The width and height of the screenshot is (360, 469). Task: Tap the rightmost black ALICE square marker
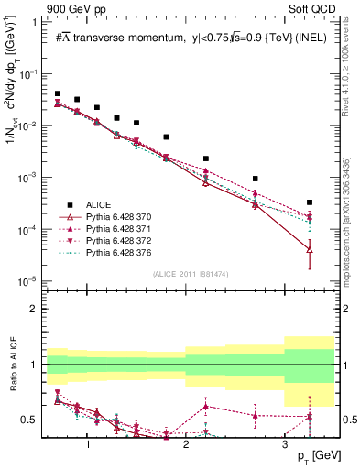(x=310, y=202)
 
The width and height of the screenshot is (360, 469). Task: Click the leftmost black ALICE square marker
(x=58, y=93)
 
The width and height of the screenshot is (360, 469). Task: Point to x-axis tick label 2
(x=186, y=443)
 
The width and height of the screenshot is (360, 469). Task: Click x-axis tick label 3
(x=285, y=443)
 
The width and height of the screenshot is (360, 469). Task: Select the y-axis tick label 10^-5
(x=32, y=280)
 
